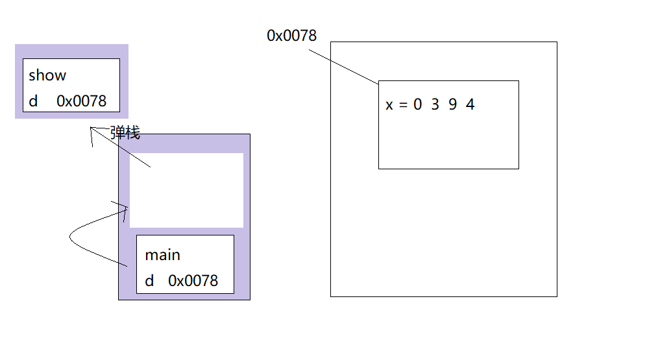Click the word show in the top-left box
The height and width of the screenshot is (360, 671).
(47, 75)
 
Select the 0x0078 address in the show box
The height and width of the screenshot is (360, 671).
(81, 101)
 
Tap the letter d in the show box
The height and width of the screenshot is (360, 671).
(33, 101)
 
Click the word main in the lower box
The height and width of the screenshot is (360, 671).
(163, 255)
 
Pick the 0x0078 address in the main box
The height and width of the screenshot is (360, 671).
(193, 281)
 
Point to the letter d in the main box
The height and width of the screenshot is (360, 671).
(149, 281)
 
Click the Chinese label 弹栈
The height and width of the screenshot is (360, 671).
(125, 134)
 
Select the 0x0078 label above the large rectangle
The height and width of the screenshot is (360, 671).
(291, 36)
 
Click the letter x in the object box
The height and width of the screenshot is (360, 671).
(389, 104)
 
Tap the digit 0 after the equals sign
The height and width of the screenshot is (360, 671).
(417, 104)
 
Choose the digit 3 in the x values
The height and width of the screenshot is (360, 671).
(435, 104)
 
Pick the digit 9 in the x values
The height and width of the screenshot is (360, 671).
(452, 104)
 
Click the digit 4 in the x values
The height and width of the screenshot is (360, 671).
(470, 104)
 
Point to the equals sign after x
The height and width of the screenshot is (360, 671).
(403, 104)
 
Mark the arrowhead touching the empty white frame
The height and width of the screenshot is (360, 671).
(125, 208)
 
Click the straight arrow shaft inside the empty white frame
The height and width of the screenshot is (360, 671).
(140, 160)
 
